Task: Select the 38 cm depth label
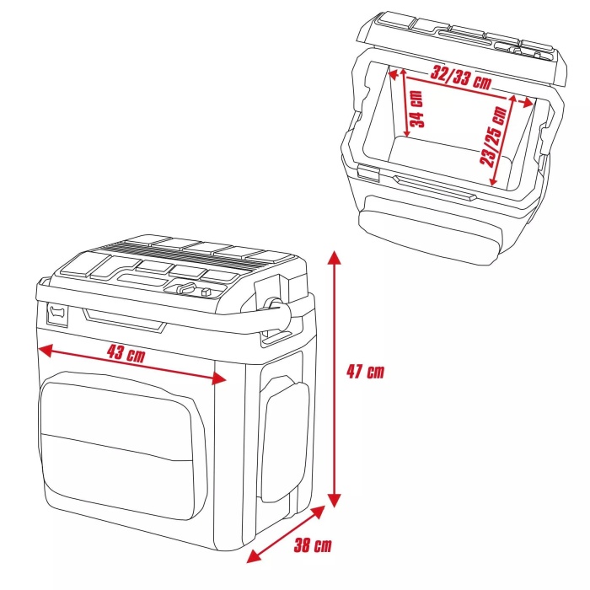pyautogui.click(x=312, y=545)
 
